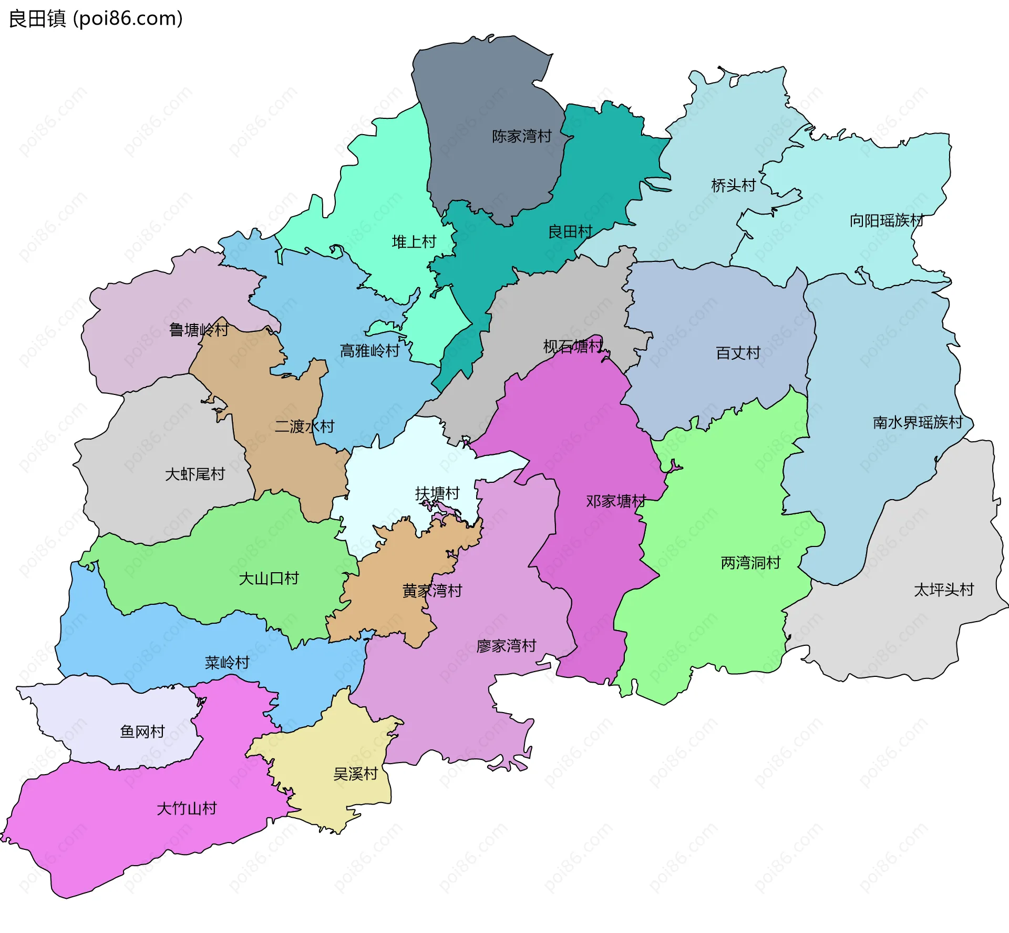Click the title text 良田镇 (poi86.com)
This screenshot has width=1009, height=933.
pyautogui.click(x=96, y=18)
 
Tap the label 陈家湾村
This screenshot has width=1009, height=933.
pyautogui.click(x=521, y=136)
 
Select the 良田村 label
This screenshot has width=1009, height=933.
pyautogui.click(x=570, y=231)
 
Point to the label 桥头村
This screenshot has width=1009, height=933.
pyautogui.click(x=733, y=185)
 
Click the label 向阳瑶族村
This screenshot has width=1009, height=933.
pyautogui.click(x=886, y=220)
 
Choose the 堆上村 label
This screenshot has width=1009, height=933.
pyautogui.click(x=414, y=242)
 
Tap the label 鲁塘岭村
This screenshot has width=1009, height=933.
pyautogui.click(x=198, y=330)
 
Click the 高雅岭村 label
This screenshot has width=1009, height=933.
pyautogui.click(x=369, y=351)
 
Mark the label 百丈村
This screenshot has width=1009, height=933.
pyautogui.click(x=738, y=353)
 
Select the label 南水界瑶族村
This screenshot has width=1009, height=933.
pyautogui.click(x=918, y=422)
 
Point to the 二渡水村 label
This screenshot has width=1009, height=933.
pyautogui.click(x=304, y=426)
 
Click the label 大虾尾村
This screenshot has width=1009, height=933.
pyautogui.click(x=194, y=474)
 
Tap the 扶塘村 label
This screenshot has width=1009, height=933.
pyautogui.click(x=437, y=493)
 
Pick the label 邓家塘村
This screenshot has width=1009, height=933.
pyautogui.click(x=615, y=501)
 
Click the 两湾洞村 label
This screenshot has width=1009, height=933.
pyautogui.click(x=750, y=563)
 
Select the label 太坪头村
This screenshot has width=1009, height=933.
pyautogui.click(x=944, y=590)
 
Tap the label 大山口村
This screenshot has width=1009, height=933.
pyautogui.click(x=269, y=579)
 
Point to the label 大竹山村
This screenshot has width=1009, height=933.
pyautogui.click(x=187, y=808)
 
